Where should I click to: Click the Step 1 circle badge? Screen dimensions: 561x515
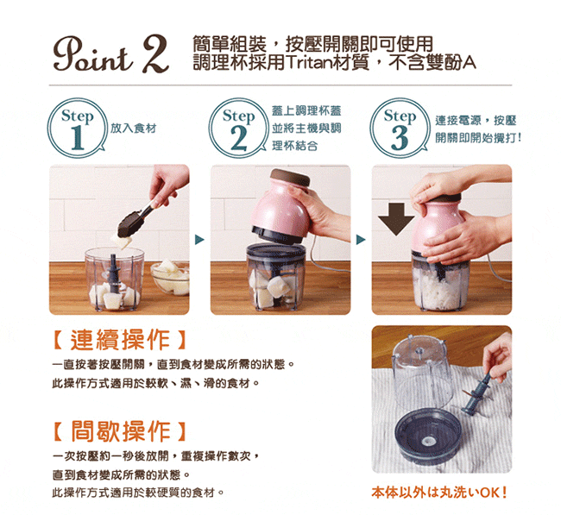pyautogui.click(x=78, y=128)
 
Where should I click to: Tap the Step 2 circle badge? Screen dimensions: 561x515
pyautogui.click(x=238, y=128)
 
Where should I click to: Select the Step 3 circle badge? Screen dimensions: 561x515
pyautogui.click(x=400, y=128)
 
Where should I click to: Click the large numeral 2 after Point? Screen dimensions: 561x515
pyautogui.click(x=155, y=54)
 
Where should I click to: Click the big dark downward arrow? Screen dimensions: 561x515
pyautogui.click(x=396, y=219)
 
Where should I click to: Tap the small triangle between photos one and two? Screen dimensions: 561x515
pyautogui.click(x=199, y=239)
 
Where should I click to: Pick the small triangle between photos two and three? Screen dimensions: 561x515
pyautogui.click(x=361, y=239)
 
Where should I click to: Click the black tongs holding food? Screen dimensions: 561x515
pyautogui.click(x=138, y=218)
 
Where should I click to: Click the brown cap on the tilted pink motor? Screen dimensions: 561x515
pyautogui.click(x=290, y=177)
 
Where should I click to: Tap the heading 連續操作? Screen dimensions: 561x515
pyautogui.click(x=119, y=340)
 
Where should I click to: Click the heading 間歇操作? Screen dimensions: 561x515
pyautogui.click(x=119, y=431)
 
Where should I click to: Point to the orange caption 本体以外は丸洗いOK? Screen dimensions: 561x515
pyautogui.click(x=439, y=493)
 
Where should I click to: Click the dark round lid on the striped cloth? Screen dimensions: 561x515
pyautogui.click(x=427, y=436)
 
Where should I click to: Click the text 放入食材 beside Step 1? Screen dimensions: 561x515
pyautogui.click(x=133, y=128)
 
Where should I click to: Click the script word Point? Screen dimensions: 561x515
pyautogui.click(x=94, y=54)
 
